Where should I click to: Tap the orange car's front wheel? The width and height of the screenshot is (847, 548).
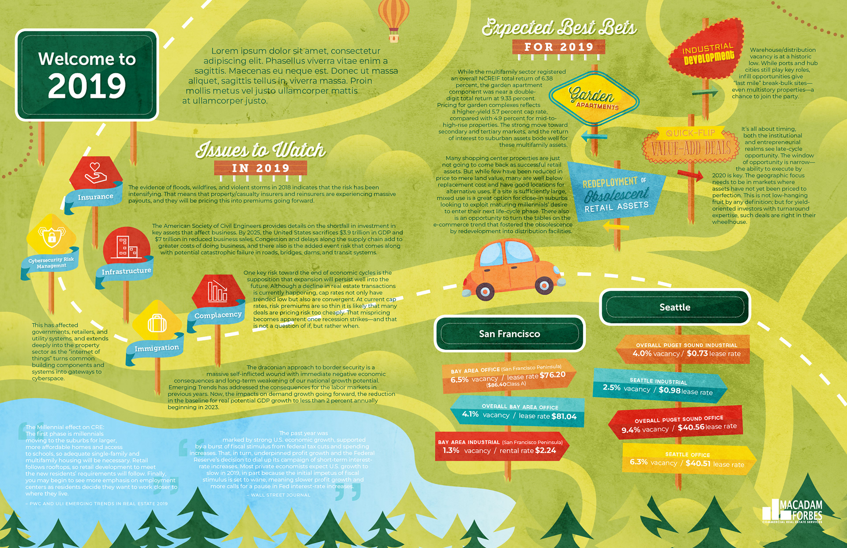pos(544,286)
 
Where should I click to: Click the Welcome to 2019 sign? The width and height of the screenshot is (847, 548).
pos(87,75)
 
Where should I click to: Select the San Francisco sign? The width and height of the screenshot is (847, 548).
pos(510,334)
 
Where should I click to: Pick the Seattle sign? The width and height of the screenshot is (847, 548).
pos(675,307)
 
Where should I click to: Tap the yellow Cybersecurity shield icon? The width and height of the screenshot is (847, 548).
pos(52,236)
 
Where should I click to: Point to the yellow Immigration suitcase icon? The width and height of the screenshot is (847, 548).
pos(157,322)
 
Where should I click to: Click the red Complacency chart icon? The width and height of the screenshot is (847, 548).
pos(217,291)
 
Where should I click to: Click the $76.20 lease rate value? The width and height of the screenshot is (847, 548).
pos(552,375)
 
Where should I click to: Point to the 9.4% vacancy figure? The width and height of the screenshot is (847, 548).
pos(630,430)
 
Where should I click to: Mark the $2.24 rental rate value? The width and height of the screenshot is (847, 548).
pos(545,450)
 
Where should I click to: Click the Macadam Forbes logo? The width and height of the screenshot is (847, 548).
pos(792,512)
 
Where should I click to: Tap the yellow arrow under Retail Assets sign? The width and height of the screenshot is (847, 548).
pos(616,226)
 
